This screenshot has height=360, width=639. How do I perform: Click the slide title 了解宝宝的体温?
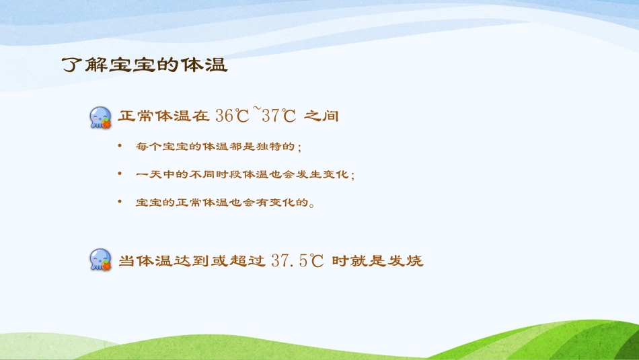click(x=145, y=65)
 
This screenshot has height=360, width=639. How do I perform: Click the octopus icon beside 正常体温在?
click(x=101, y=116)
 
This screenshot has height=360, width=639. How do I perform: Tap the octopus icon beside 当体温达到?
click(x=101, y=260)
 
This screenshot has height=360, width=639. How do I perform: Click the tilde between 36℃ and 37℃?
click(x=256, y=110)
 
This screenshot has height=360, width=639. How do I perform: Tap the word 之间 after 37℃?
click(x=321, y=116)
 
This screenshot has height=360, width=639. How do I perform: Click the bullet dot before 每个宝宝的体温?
click(x=120, y=145)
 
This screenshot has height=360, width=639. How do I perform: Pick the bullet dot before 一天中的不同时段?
click(x=120, y=174)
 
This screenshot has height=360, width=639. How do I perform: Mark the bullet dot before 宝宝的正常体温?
click(x=120, y=202)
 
